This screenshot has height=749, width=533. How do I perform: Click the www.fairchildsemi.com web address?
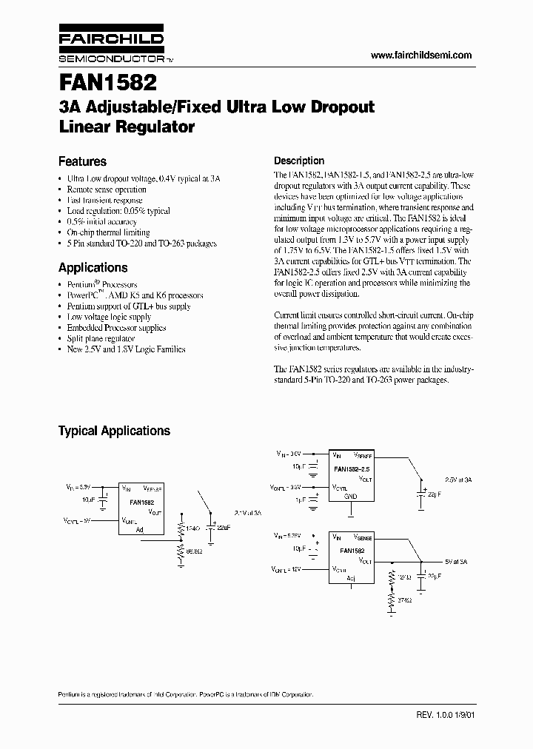(420, 56)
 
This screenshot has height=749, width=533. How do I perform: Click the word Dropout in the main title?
(338, 107)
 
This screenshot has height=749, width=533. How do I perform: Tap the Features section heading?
(82, 161)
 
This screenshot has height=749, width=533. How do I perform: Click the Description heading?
(299, 161)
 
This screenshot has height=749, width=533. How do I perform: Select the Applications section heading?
(93, 268)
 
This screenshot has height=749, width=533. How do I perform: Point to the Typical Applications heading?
(114, 431)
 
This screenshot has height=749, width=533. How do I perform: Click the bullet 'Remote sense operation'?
(107, 189)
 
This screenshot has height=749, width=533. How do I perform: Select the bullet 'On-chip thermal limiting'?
(108, 232)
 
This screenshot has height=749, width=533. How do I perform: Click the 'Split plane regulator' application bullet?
(101, 338)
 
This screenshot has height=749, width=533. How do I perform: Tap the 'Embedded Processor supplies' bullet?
(116, 328)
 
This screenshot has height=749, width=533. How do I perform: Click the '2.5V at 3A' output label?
(457, 480)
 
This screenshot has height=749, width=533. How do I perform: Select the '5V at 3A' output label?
(456, 563)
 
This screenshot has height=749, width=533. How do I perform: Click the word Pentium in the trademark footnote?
(70, 695)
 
